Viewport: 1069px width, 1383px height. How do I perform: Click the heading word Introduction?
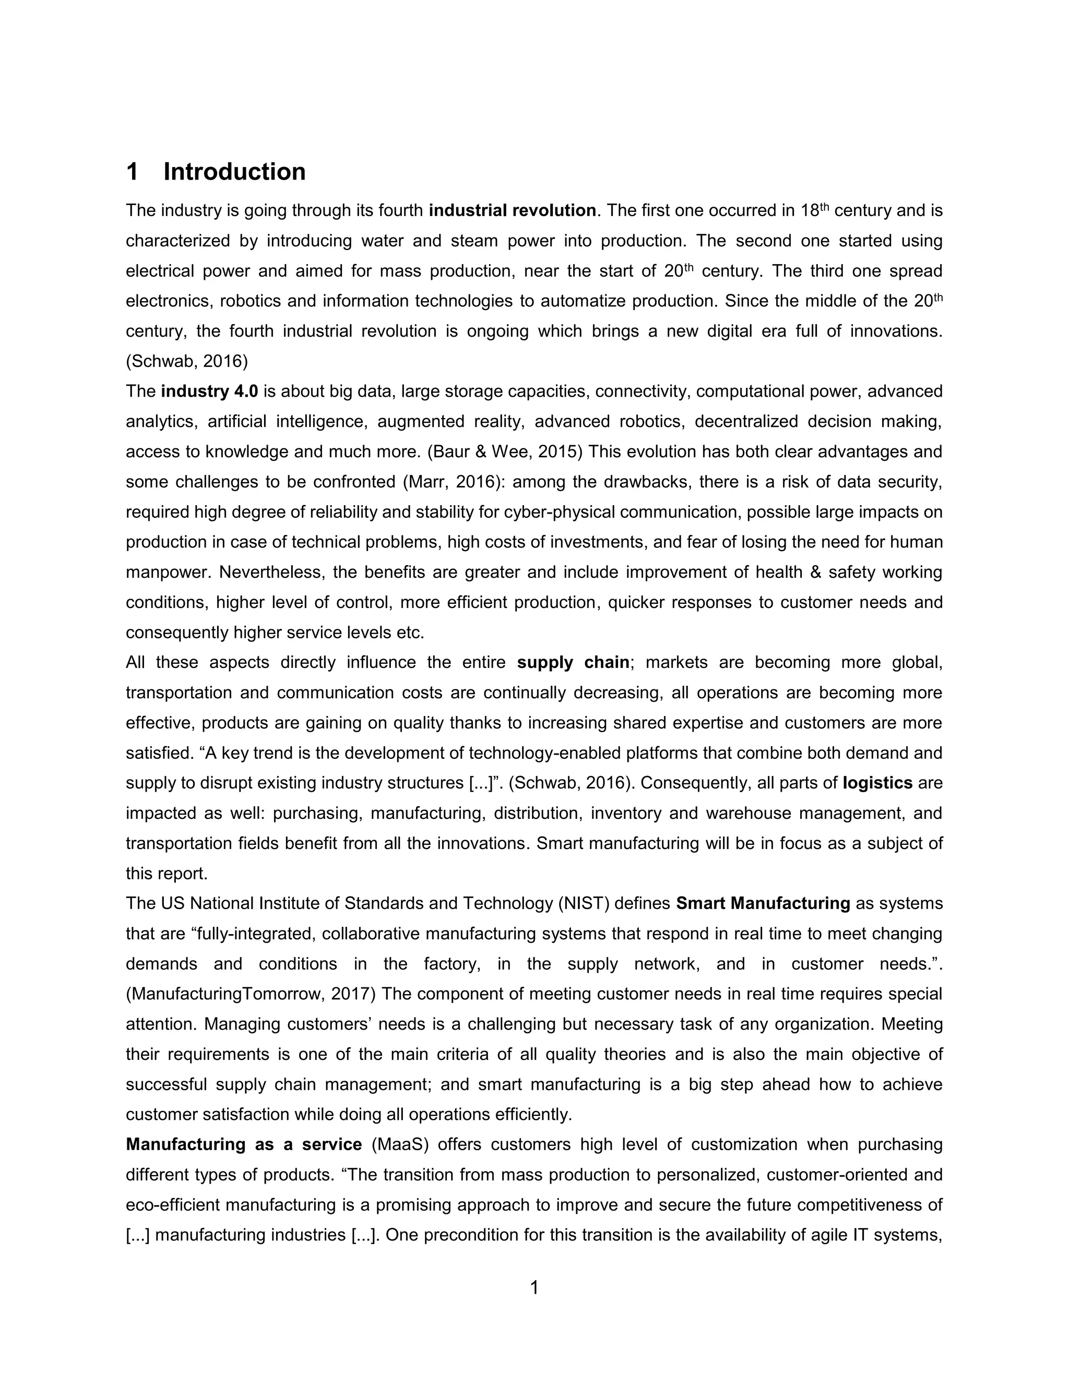pyautogui.click(x=234, y=172)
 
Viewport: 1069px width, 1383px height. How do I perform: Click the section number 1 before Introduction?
pyautogui.click(x=133, y=172)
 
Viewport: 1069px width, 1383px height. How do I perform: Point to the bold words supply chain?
pyautogui.click(x=573, y=662)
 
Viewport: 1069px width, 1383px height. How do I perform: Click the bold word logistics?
pyautogui.click(x=877, y=783)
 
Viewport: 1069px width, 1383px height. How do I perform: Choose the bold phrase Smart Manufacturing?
pyautogui.click(x=763, y=903)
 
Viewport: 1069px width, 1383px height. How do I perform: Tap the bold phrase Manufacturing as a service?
pyautogui.click(x=244, y=1144)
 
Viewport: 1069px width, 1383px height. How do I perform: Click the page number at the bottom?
pyautogui.click(x=534, y=1287)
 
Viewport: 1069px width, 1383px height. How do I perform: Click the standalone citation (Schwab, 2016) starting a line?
pyautogui.click(x=187, y=361)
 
